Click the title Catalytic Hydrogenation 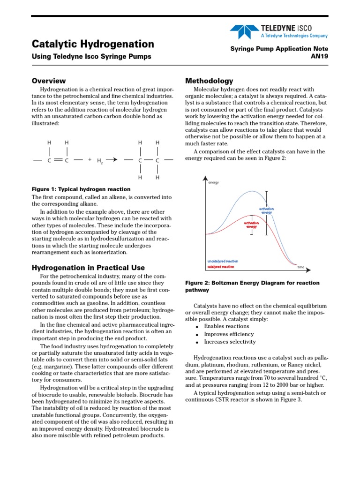[x=93, y=44]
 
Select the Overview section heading [x=49, y=81]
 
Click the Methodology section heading [x=209, y=81]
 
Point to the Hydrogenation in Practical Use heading [x=88, y=268]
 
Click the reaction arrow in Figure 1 [x=111, y=160]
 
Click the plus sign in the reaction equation [x=90, y=159]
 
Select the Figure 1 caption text [x=81, y=189]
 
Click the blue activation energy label [x=266, y=210]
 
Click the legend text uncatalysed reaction [x=223, y=261]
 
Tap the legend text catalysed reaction [x=220, y=267]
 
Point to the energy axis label [x=214, y=182]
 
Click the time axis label [x=301, y=267]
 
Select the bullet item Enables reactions [x=226, y=326]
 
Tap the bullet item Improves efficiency [x=229, y=334]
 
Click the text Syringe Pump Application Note [x=279, y=49]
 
